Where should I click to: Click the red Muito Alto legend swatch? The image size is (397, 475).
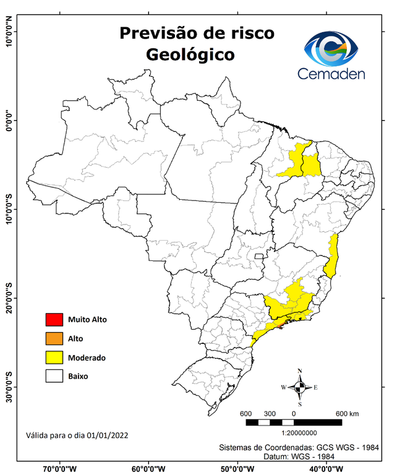coord(54,320)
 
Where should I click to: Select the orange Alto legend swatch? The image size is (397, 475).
coord(54,338)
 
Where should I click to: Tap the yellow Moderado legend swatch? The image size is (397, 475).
coord(54,357)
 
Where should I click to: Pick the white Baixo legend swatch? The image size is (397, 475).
coord(54,375)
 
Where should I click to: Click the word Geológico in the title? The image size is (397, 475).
coord(190,54)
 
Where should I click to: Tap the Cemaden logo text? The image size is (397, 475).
coord(331,74)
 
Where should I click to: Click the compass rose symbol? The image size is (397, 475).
coord(299,387)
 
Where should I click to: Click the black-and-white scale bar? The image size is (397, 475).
coord(293,422)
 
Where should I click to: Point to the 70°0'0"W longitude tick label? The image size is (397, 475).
coord(60,469)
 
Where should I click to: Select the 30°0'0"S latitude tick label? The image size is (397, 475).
coord(9,387)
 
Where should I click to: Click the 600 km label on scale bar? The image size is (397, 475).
coord(348,413)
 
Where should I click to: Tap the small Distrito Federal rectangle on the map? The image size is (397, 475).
coord(260,255)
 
